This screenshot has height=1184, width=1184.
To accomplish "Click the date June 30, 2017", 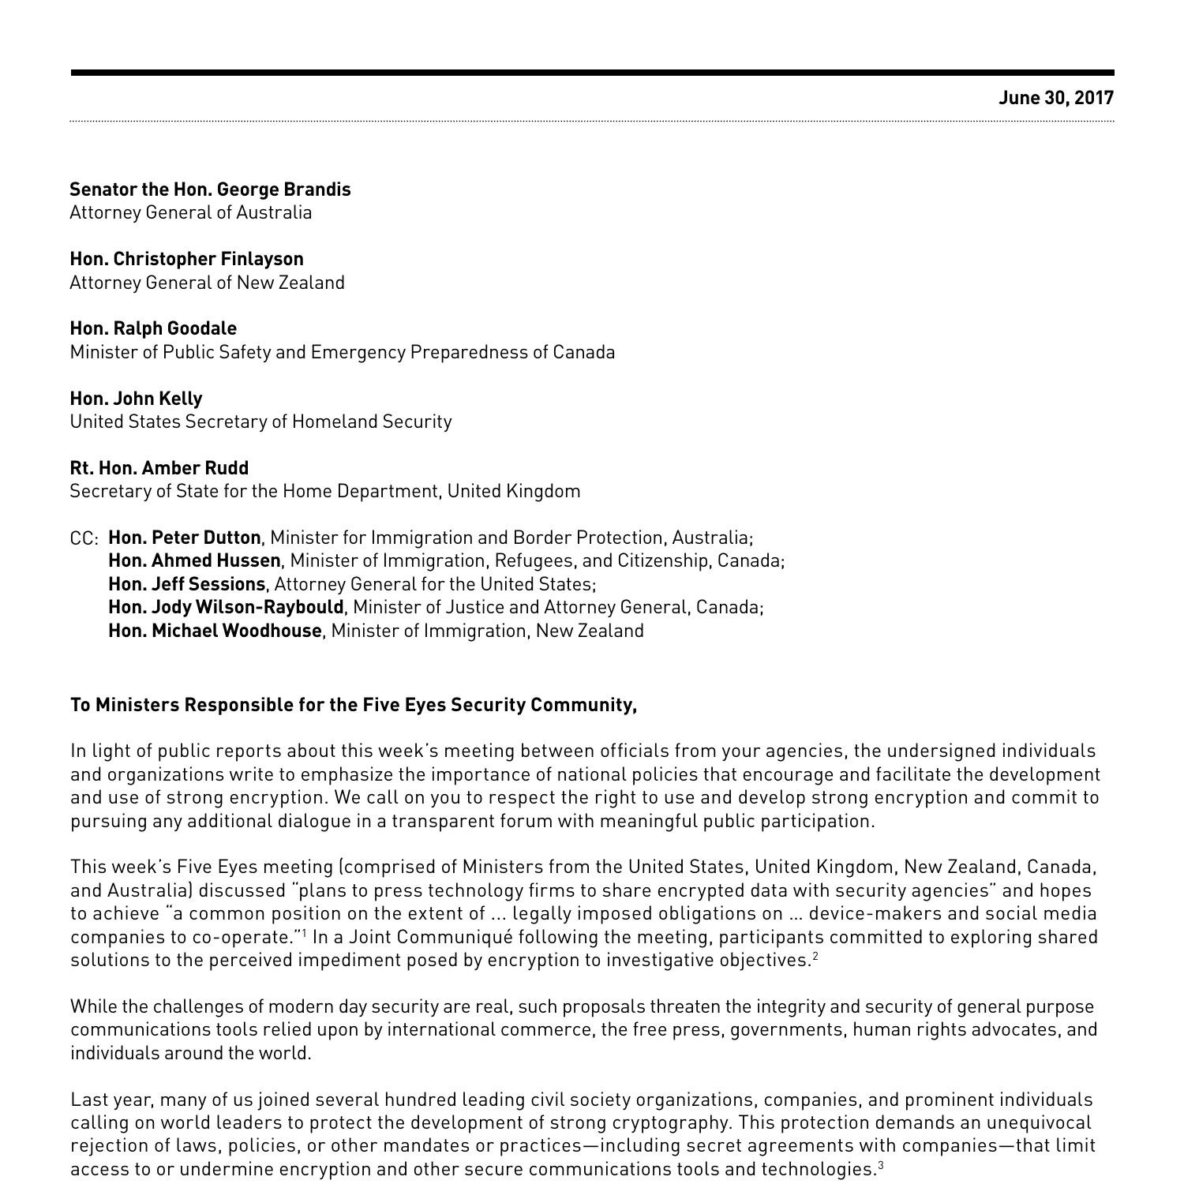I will coord(1055,98).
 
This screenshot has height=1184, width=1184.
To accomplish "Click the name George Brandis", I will coord(283,189).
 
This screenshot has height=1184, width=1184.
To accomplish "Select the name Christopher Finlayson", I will coord(208,259).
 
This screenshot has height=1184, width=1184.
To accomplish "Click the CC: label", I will coord(84,539).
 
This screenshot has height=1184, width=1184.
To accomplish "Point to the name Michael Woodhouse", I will coord(236,631).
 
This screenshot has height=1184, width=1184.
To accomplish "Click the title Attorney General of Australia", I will coord(190,212).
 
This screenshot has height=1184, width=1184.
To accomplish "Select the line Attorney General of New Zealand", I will coord(207,283).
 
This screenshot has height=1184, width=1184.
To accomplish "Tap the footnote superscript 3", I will coord(880,1164).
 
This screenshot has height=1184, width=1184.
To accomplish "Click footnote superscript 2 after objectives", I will coord(815,956).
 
